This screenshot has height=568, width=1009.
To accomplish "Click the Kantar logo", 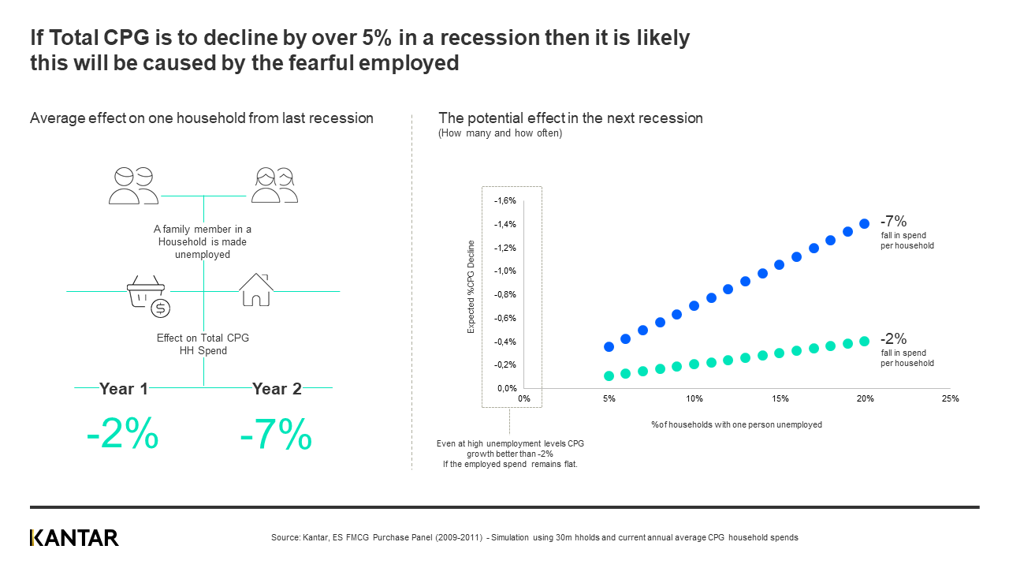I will click(74, 538).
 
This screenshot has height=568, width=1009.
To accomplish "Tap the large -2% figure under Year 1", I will click(122, 434).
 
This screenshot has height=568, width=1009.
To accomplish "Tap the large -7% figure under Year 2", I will click(276, 434).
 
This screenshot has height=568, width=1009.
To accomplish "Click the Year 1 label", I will click(124, 388).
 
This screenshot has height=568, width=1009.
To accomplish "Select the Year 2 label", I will click(277, 388).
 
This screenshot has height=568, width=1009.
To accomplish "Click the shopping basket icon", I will click(148, 295).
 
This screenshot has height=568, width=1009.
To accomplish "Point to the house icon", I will click(255, 290).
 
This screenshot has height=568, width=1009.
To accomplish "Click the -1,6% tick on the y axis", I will click(505, 201).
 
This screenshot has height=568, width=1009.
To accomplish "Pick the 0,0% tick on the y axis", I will click(505, 388).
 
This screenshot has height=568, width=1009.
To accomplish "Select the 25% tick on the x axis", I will click(950, 399).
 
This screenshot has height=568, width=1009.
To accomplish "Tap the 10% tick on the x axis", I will click(694, 399).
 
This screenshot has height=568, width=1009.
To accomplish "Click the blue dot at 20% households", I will click(865, 223).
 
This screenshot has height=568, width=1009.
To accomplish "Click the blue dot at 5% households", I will click(609, 346).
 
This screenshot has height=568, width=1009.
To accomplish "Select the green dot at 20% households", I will click(865, 341).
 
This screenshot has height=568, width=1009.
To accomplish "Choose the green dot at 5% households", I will click(609, 376).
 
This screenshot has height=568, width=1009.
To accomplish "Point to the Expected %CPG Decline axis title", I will click(471, 286).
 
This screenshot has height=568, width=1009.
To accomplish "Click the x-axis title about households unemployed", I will click(736, 424).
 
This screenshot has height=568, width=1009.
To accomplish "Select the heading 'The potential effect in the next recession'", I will click(570, 118).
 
